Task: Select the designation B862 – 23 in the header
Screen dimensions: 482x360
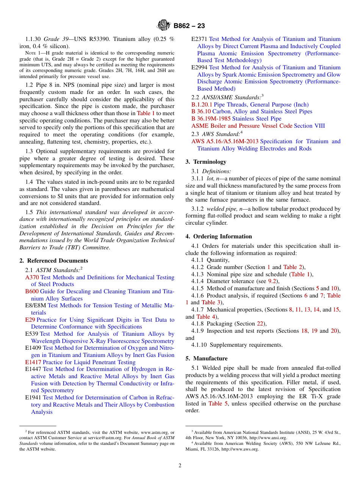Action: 189,26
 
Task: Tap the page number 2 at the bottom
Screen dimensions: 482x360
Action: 180,465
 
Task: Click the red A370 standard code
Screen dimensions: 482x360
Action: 32,277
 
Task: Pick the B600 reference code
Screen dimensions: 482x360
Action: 32,291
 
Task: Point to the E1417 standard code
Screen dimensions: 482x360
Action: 33,362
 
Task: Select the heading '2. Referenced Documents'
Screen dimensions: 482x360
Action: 53,261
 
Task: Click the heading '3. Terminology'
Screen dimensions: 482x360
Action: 206,162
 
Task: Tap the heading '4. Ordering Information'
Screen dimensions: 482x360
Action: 219,236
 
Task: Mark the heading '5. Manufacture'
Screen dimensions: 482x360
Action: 207,358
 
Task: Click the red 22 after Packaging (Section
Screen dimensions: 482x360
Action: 260,324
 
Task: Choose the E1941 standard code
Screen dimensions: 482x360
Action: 33,397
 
